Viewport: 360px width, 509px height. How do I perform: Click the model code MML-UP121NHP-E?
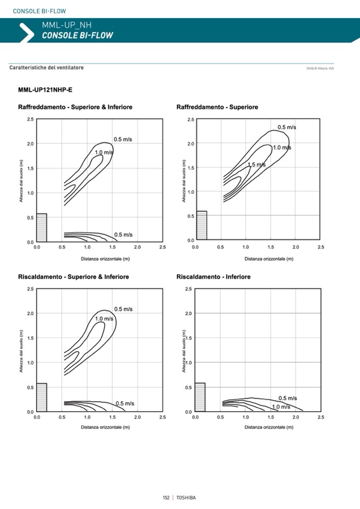[x=45, y=89]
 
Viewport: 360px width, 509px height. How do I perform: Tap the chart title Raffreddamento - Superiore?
[x=217, y=107]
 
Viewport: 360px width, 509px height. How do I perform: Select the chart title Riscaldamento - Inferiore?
[x=213, y=277]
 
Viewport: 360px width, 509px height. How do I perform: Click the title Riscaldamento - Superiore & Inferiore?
[x=73, y=277]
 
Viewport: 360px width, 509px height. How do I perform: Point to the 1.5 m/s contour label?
[x=256, y=165]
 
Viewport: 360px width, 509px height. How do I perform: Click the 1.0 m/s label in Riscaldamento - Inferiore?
[x=281, y=407]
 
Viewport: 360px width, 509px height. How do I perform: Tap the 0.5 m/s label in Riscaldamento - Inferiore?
[x=288, y=398]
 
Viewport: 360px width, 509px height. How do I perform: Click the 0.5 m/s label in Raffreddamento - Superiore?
[x=287, y=127]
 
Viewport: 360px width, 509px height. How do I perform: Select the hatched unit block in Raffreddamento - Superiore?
[x=201, y=225]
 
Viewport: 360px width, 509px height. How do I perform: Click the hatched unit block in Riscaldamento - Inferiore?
[x=200, y=397]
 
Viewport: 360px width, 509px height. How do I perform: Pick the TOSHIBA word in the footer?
[x=186, y=497]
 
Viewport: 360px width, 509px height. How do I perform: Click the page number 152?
[x=166, y=497]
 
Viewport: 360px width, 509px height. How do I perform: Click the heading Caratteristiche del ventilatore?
[x=47, y=68]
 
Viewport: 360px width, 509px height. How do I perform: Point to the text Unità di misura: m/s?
[x=320, y=68]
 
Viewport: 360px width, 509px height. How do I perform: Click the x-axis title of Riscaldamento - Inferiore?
[x=269, y=427]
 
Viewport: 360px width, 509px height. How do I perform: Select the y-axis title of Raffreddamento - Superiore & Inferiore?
[x=22, y=181]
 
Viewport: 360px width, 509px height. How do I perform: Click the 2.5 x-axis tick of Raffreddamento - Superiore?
[x=321, y=247]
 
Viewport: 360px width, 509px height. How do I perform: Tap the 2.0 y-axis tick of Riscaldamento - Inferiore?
[x=189, y=314]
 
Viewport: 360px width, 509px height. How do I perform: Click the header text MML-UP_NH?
[x=63, y=24]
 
